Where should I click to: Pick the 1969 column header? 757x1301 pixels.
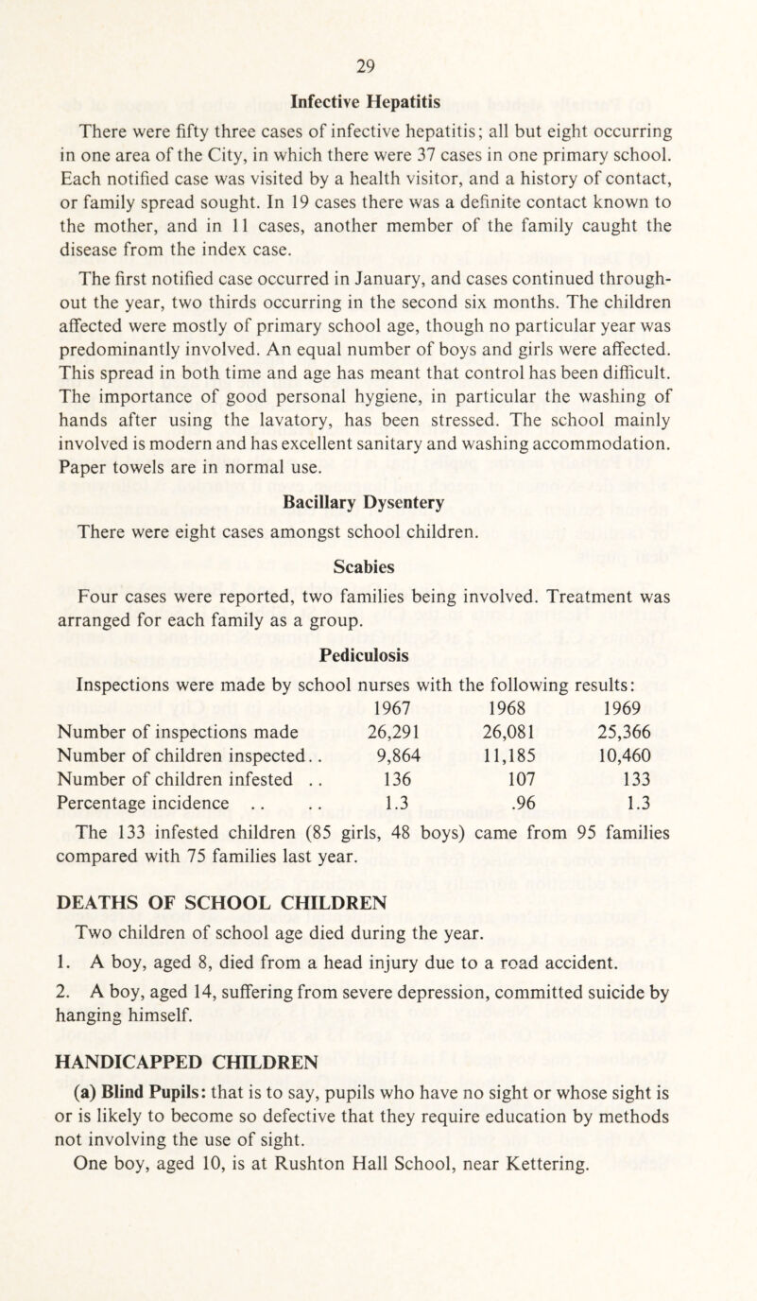(x=643, y=680)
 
